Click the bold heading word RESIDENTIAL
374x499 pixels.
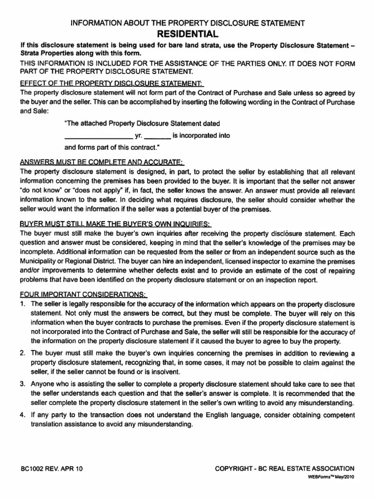187,34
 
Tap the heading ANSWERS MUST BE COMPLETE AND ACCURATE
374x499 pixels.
101,162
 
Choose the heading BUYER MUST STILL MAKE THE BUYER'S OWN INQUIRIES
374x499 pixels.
115,224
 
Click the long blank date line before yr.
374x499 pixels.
98,136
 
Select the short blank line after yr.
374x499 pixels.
157,136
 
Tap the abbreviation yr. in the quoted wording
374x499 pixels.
138,136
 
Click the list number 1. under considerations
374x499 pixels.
22,304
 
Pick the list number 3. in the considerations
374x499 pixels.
22,384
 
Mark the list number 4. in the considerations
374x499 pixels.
22,415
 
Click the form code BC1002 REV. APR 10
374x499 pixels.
52,469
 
